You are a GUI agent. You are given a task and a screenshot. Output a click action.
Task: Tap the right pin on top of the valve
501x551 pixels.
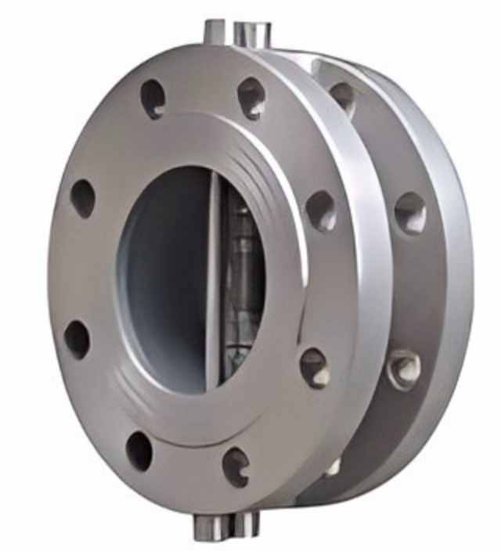[x=252, y=33]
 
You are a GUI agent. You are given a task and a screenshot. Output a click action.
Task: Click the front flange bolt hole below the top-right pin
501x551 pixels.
[x=250, y=98]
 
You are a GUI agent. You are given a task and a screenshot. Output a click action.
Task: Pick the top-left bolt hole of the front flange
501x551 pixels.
[x=153, y=99]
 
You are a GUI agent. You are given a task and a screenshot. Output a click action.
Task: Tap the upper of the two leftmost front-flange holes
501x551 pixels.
[x=83, y=198]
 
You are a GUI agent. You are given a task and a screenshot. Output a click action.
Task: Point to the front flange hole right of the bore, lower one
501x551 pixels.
[x=315, y=368]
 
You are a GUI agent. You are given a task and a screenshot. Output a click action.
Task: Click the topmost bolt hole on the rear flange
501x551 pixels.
[x=342, y=96]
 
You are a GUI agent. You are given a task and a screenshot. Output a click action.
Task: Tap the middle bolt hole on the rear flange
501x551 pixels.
[x=409, y=213]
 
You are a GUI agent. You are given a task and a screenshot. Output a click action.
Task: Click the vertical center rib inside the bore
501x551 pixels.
[x=212, y=282]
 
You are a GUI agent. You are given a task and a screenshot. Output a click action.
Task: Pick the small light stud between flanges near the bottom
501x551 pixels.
[x=333, y=467]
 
